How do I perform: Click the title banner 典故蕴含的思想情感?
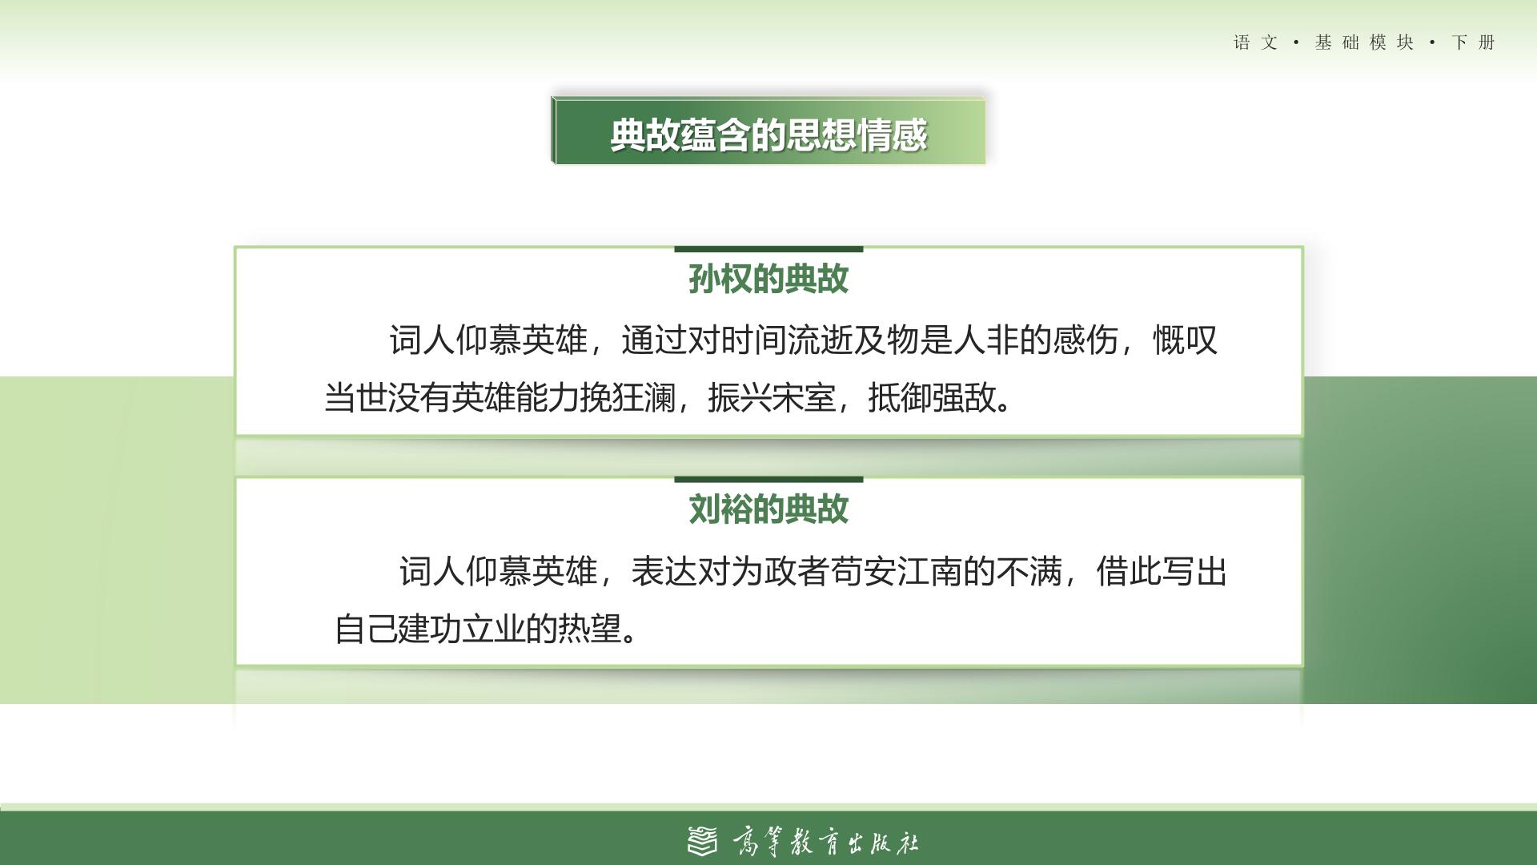pos(768,131)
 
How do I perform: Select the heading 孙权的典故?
pos(768,279)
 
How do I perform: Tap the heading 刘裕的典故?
pos(768,509)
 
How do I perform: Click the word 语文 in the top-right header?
pos(1255,42)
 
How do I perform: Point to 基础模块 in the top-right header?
pos(1364,42)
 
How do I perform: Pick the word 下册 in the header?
pos(1473,42)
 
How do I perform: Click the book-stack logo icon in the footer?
pos(703,841)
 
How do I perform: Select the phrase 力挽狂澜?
pos(611,397)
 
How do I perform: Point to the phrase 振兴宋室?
pos(772,397)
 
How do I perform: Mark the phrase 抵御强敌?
pos(933,397)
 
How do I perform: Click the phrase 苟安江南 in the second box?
pos(897,572)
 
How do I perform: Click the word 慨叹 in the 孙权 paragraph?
pos(1186,340)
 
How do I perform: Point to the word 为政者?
pos(780,572)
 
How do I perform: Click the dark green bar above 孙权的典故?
pos(768,249)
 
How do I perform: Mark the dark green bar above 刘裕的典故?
pos(768,480)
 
